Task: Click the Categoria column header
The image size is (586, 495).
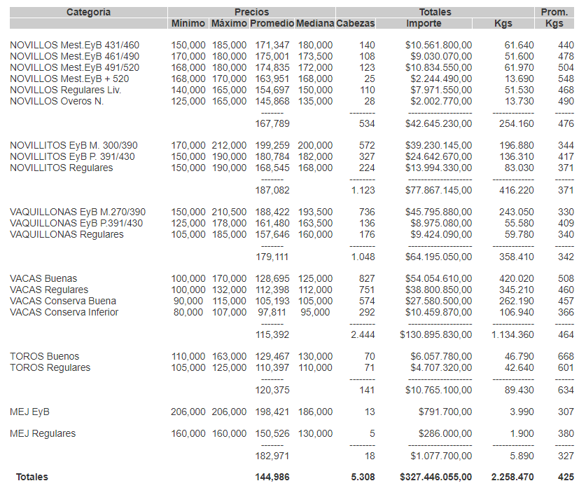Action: coord(88,12)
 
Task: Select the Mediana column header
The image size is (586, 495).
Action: coord(314,23)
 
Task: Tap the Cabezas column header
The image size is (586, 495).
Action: coord(356,23)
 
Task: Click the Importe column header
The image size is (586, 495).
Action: coord(424,23)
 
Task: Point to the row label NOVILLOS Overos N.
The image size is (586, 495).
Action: coord(57,102)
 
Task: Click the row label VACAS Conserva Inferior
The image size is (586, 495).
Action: coord(64,312)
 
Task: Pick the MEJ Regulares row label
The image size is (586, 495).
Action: coord(43,433)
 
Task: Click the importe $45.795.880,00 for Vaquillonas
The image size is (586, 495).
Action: coord(438,212)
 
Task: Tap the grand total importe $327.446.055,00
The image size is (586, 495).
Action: coord(435,477)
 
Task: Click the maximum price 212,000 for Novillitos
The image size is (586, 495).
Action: coord(230,145)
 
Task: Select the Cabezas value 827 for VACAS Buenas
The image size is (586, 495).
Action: coord(366,278)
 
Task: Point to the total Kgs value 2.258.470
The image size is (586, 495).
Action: coord(512,477)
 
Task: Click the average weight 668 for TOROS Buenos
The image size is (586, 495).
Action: coord(565,356)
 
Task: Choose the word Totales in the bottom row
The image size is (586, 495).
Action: coord(32,477)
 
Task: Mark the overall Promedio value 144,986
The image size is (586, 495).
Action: coord(272,477)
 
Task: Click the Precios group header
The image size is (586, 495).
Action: coord(251,12)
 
